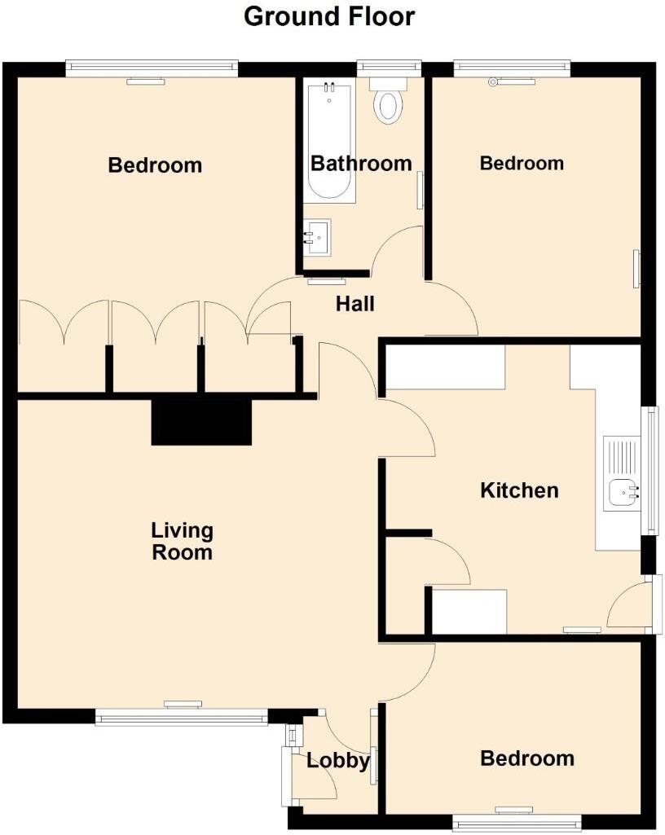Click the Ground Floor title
pos(329,16)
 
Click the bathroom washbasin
pos(318,236)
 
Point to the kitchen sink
pos(623,492)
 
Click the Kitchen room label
pos(519,490)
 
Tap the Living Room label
pos(182,542)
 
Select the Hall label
pos(355,305)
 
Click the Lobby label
pos(337,761)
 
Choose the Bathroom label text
pos(361,164)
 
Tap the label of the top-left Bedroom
pos(155,165)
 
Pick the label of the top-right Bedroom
pos(522,163)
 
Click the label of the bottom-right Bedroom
pos(526,758)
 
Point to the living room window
pos(181,717)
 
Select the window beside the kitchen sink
pos(651,471)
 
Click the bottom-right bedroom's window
pos(516,824)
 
